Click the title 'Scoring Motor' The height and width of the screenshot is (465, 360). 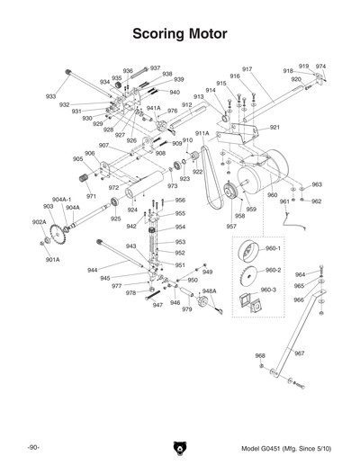pos(179,34)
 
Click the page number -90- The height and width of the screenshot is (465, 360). pos(34,448)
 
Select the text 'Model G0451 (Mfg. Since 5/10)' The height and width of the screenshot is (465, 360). pos(285,448)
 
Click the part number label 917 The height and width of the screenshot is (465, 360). pos(247,69)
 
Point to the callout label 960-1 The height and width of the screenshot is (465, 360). pos(272,248)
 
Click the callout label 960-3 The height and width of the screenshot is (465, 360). pos(268,290)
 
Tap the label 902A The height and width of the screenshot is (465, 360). pos(39,222)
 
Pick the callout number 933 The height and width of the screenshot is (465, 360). pos(50,96)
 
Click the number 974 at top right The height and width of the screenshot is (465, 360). pos(320,67)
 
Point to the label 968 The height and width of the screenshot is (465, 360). pos(260,355)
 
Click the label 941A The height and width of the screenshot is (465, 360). pos(153,108)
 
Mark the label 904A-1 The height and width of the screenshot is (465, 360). pos(61,199)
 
